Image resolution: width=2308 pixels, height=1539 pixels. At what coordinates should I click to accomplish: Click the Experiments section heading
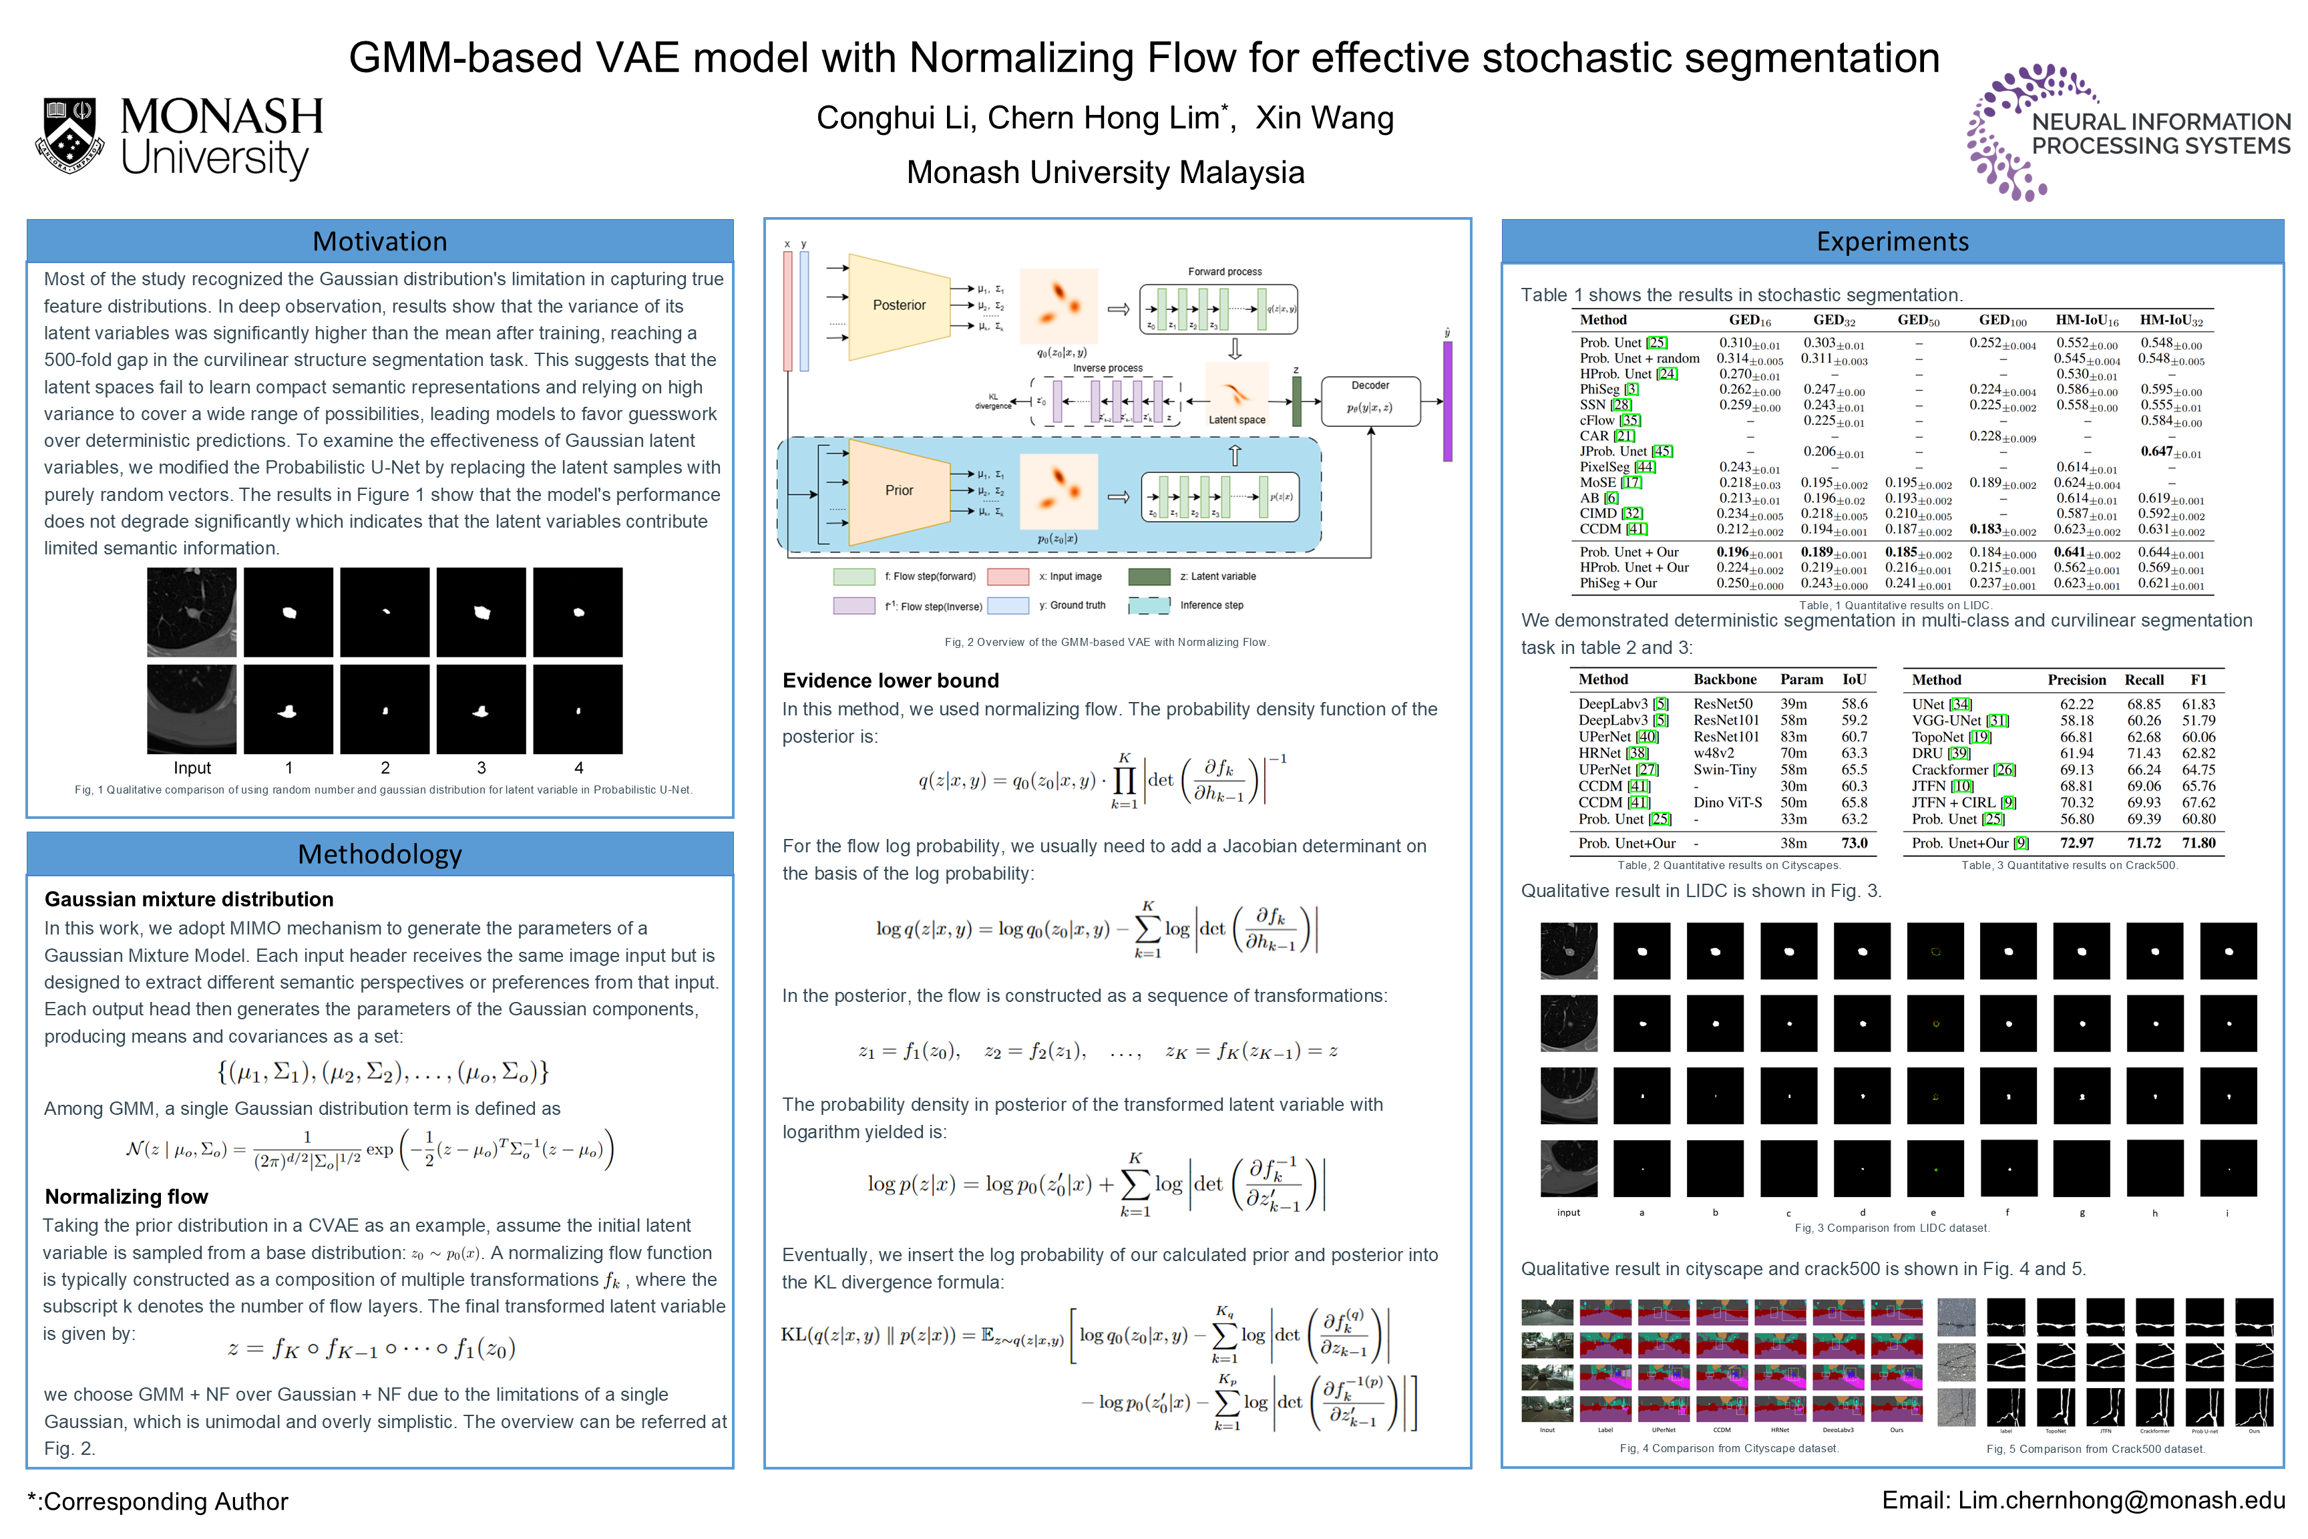tap(1891, 241)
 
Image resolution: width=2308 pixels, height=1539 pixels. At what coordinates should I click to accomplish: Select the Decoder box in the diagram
tap(1370, 401)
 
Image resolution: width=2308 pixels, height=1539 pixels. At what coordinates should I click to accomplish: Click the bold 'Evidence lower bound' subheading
tap(890, 680)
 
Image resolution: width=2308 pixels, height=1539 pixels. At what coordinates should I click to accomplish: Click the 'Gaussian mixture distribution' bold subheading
tap(188, 899)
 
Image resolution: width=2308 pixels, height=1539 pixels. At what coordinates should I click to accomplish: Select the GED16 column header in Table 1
tap(1750, 320)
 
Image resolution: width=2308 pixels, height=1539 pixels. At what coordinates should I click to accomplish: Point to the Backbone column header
tap(1724, 679)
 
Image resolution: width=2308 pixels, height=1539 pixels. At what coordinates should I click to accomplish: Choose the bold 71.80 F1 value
tap(2198, 843)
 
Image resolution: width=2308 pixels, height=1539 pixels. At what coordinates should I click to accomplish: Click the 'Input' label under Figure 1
tap(192, 767)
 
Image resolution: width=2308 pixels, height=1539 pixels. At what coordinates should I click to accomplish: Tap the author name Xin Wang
tap(1324, 118)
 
